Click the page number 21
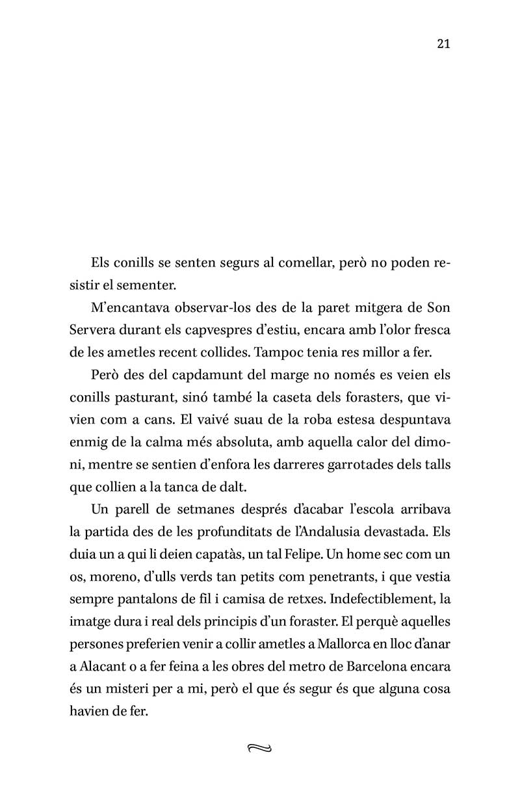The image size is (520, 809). pos(444,44)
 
